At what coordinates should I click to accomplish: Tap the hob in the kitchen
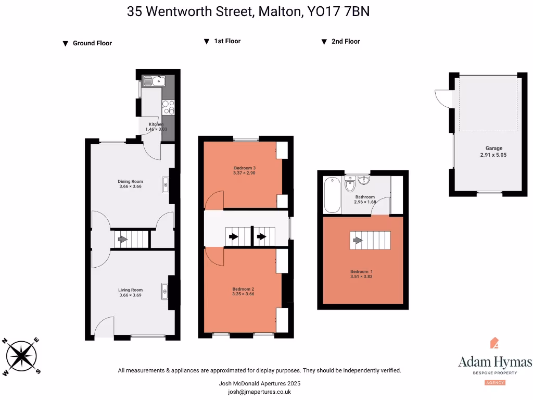coord(168,107)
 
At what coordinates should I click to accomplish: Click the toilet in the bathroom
coord(350,184)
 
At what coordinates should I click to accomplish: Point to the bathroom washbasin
coord(363,181)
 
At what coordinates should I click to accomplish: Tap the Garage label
coord(494,148)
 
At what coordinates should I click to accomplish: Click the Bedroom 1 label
coord(361,271)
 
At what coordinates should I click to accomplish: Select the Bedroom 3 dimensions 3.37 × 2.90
coord(245,173)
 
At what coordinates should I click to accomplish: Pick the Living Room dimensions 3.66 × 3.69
coord(130,295)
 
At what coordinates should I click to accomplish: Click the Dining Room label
coord(130,181)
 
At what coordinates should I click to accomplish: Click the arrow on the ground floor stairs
coord(122,240)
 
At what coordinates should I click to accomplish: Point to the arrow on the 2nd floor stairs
coord(358,240)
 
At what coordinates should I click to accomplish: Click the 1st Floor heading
coord(227,41)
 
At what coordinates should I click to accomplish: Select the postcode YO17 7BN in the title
coord(339,11)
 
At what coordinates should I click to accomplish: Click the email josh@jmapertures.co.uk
coord(259,392)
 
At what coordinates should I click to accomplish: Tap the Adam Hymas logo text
coord(495,362)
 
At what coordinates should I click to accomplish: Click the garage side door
coord(442,97)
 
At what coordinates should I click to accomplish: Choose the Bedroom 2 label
coord(244,289)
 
